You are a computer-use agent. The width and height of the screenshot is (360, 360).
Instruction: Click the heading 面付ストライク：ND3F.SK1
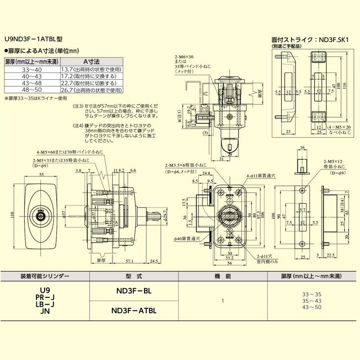[310, 40]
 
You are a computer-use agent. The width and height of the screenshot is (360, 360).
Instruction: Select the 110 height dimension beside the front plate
[7, 215]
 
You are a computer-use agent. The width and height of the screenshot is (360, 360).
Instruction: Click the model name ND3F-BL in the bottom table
[134, 291]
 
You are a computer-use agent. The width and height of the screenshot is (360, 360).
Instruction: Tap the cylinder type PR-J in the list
[45, 297]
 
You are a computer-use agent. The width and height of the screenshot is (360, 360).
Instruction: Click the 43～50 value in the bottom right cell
[313, 307]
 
